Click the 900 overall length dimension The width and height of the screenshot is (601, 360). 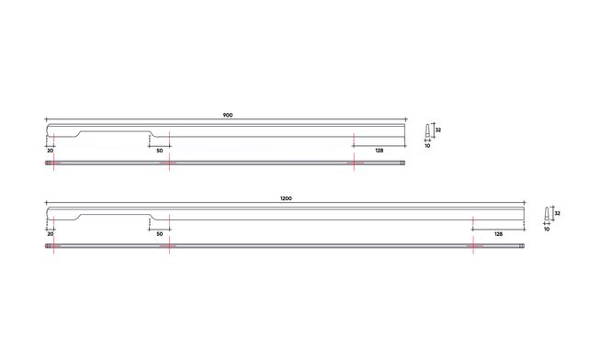[227, 115]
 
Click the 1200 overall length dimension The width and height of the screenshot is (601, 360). [286, 199]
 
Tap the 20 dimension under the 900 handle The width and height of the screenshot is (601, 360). [50, 150]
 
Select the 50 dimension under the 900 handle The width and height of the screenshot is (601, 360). [159, 150]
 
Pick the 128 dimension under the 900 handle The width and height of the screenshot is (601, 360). [379, 150]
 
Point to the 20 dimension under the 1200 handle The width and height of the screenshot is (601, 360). [50, 234]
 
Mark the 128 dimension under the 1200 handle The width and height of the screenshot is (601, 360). [497, 234]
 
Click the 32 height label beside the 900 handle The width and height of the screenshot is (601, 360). [438, 130]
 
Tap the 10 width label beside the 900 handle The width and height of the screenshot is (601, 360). [427, 145]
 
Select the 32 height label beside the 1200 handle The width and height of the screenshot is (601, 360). [557, 213]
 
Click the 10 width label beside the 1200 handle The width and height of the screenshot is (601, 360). [547, 229]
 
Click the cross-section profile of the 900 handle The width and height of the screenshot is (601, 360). [427, 130]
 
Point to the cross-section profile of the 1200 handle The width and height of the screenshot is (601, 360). [547, 214]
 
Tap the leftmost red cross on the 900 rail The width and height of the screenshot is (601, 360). [53, 163]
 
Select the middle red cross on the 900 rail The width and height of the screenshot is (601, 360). [169, 163]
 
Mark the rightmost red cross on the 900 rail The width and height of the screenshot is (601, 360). [354, 163]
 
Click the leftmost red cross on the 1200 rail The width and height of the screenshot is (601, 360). [53, 246]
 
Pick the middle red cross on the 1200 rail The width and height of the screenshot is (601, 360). [169, 246]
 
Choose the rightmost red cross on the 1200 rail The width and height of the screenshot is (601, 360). [472, 246]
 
